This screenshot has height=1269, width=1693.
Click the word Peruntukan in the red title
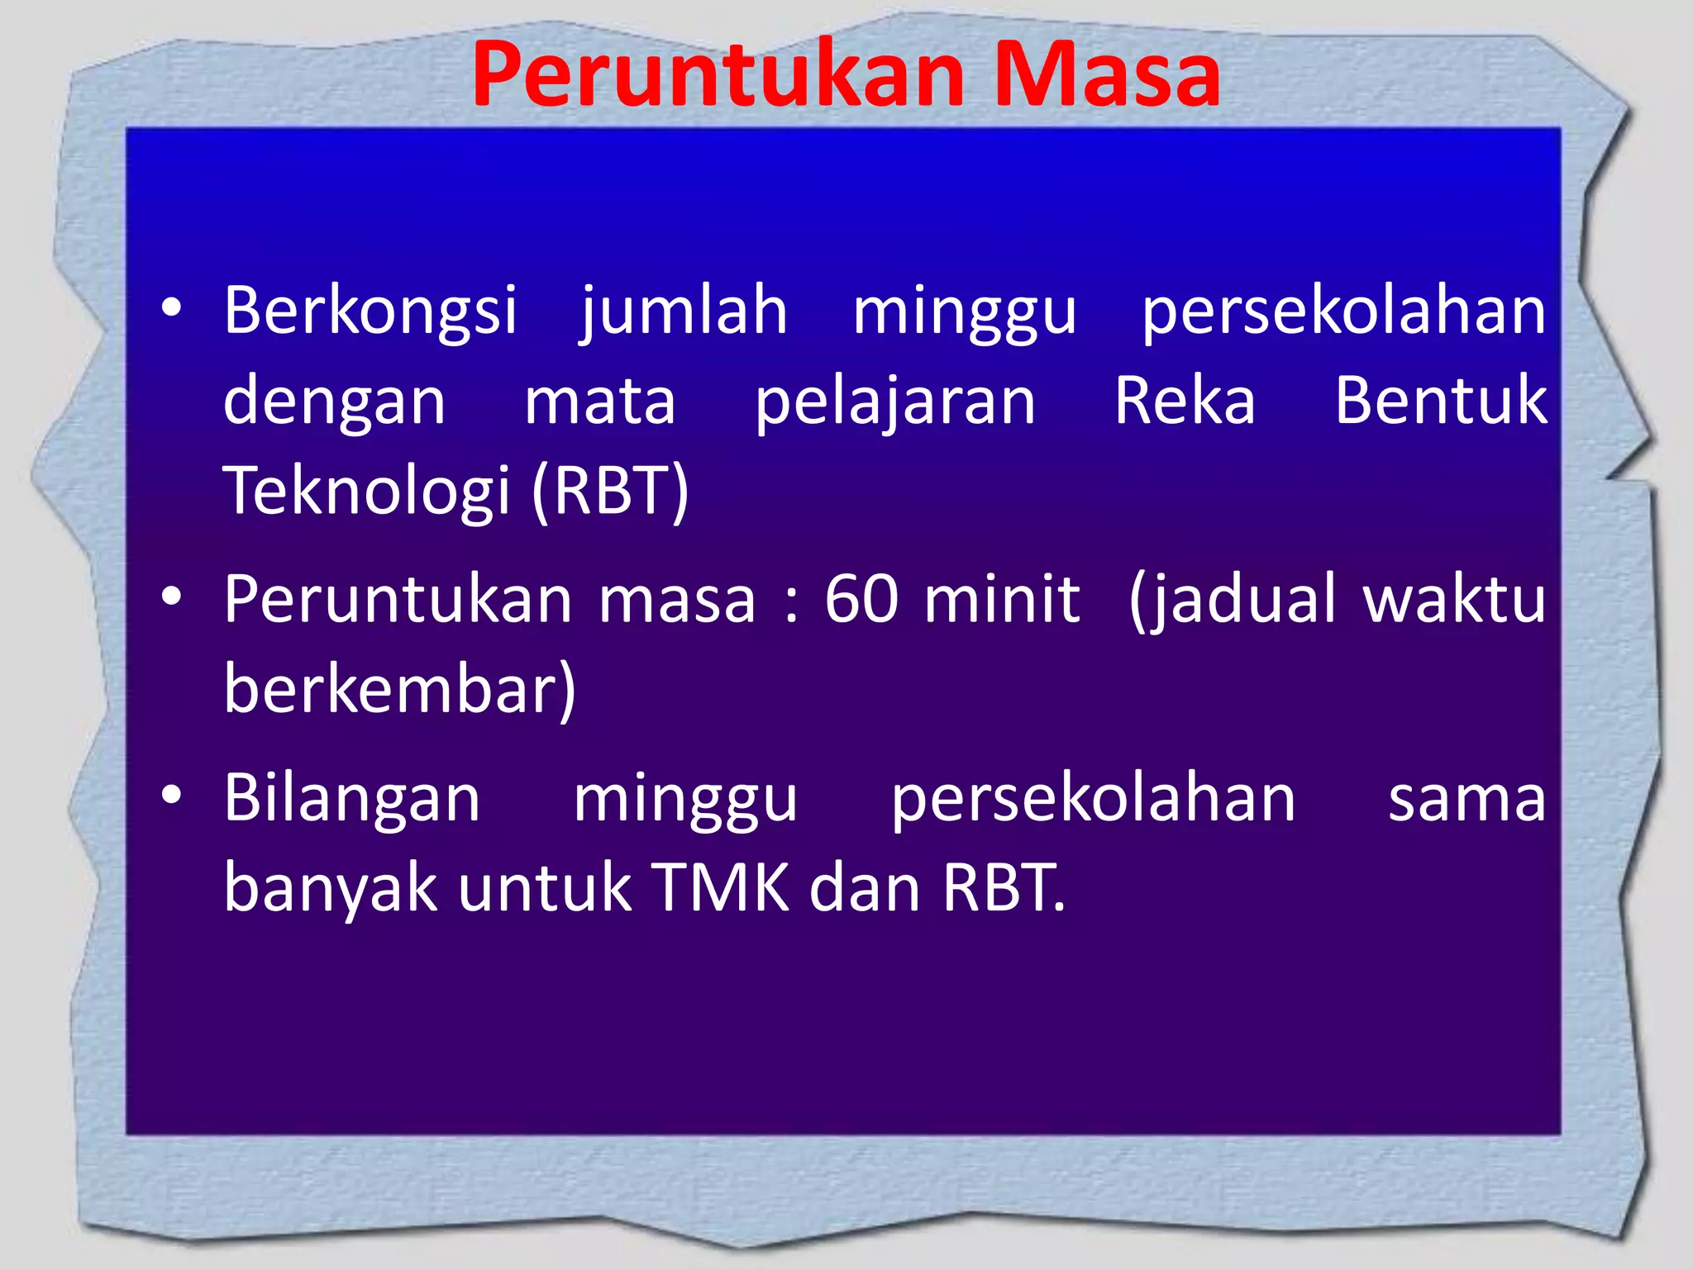coord(718,76)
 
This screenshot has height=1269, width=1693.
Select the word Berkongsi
coord(370,311)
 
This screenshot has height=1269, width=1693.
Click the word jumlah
coord(684,311)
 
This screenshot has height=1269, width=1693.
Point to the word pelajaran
coord(895,402)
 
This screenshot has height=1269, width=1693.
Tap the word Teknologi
coord(366,492)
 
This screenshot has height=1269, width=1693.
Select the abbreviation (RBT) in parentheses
coord(610,492)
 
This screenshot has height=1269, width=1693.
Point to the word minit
coord(1002,599)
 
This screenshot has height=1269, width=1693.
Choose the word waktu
coord(1454,599)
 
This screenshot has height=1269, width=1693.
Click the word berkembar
coord(398,688)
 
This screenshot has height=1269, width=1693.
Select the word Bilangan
coord(352,799)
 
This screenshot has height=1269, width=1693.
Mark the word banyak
coord(330,888)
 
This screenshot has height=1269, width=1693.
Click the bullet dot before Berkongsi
coord(171,309)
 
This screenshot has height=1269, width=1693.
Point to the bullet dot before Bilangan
coord(171,796)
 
